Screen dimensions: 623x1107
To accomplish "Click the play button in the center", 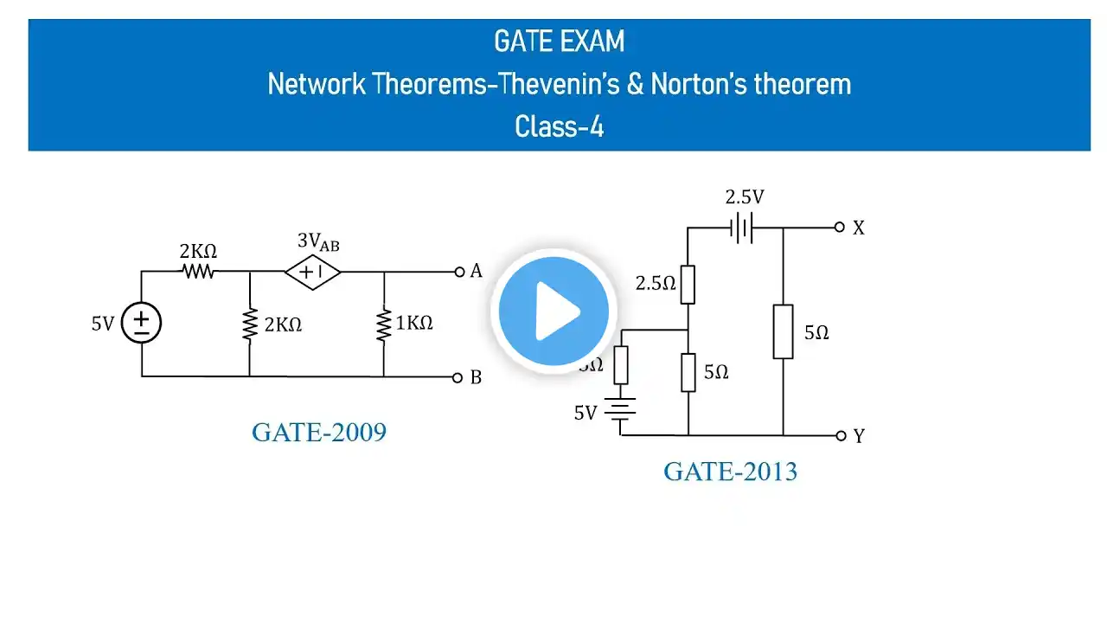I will pos(553,311).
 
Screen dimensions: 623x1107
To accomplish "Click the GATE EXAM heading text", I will pos(559,42).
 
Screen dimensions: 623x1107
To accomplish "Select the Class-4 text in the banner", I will pos(559,126).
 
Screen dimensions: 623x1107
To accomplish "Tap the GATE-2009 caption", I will pos(318,432).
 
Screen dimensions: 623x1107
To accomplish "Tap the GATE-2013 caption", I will pos(730,472).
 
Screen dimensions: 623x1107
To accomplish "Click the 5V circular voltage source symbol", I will pos(142,324).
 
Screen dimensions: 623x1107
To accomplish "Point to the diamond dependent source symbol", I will pos(313,272).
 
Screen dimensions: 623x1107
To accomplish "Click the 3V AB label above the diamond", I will pos(318,243).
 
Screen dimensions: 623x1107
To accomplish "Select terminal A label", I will pos(476,272).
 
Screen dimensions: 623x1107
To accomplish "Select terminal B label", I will pos(476,377).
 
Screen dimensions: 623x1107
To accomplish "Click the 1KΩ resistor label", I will pos(413,324).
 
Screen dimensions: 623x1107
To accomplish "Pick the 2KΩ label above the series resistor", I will pos(198,252).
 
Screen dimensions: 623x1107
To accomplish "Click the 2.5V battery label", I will pos(744,197).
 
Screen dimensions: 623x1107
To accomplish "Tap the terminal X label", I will pos(858,228).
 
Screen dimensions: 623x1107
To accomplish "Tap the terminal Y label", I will pos(858,436).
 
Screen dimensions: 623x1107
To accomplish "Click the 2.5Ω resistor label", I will pos(656,283).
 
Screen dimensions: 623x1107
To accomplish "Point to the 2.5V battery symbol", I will pos(742,228).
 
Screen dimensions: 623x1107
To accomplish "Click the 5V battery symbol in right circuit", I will pos(620,414).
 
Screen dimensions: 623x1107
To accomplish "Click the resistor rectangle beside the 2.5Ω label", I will pos(688,285).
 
